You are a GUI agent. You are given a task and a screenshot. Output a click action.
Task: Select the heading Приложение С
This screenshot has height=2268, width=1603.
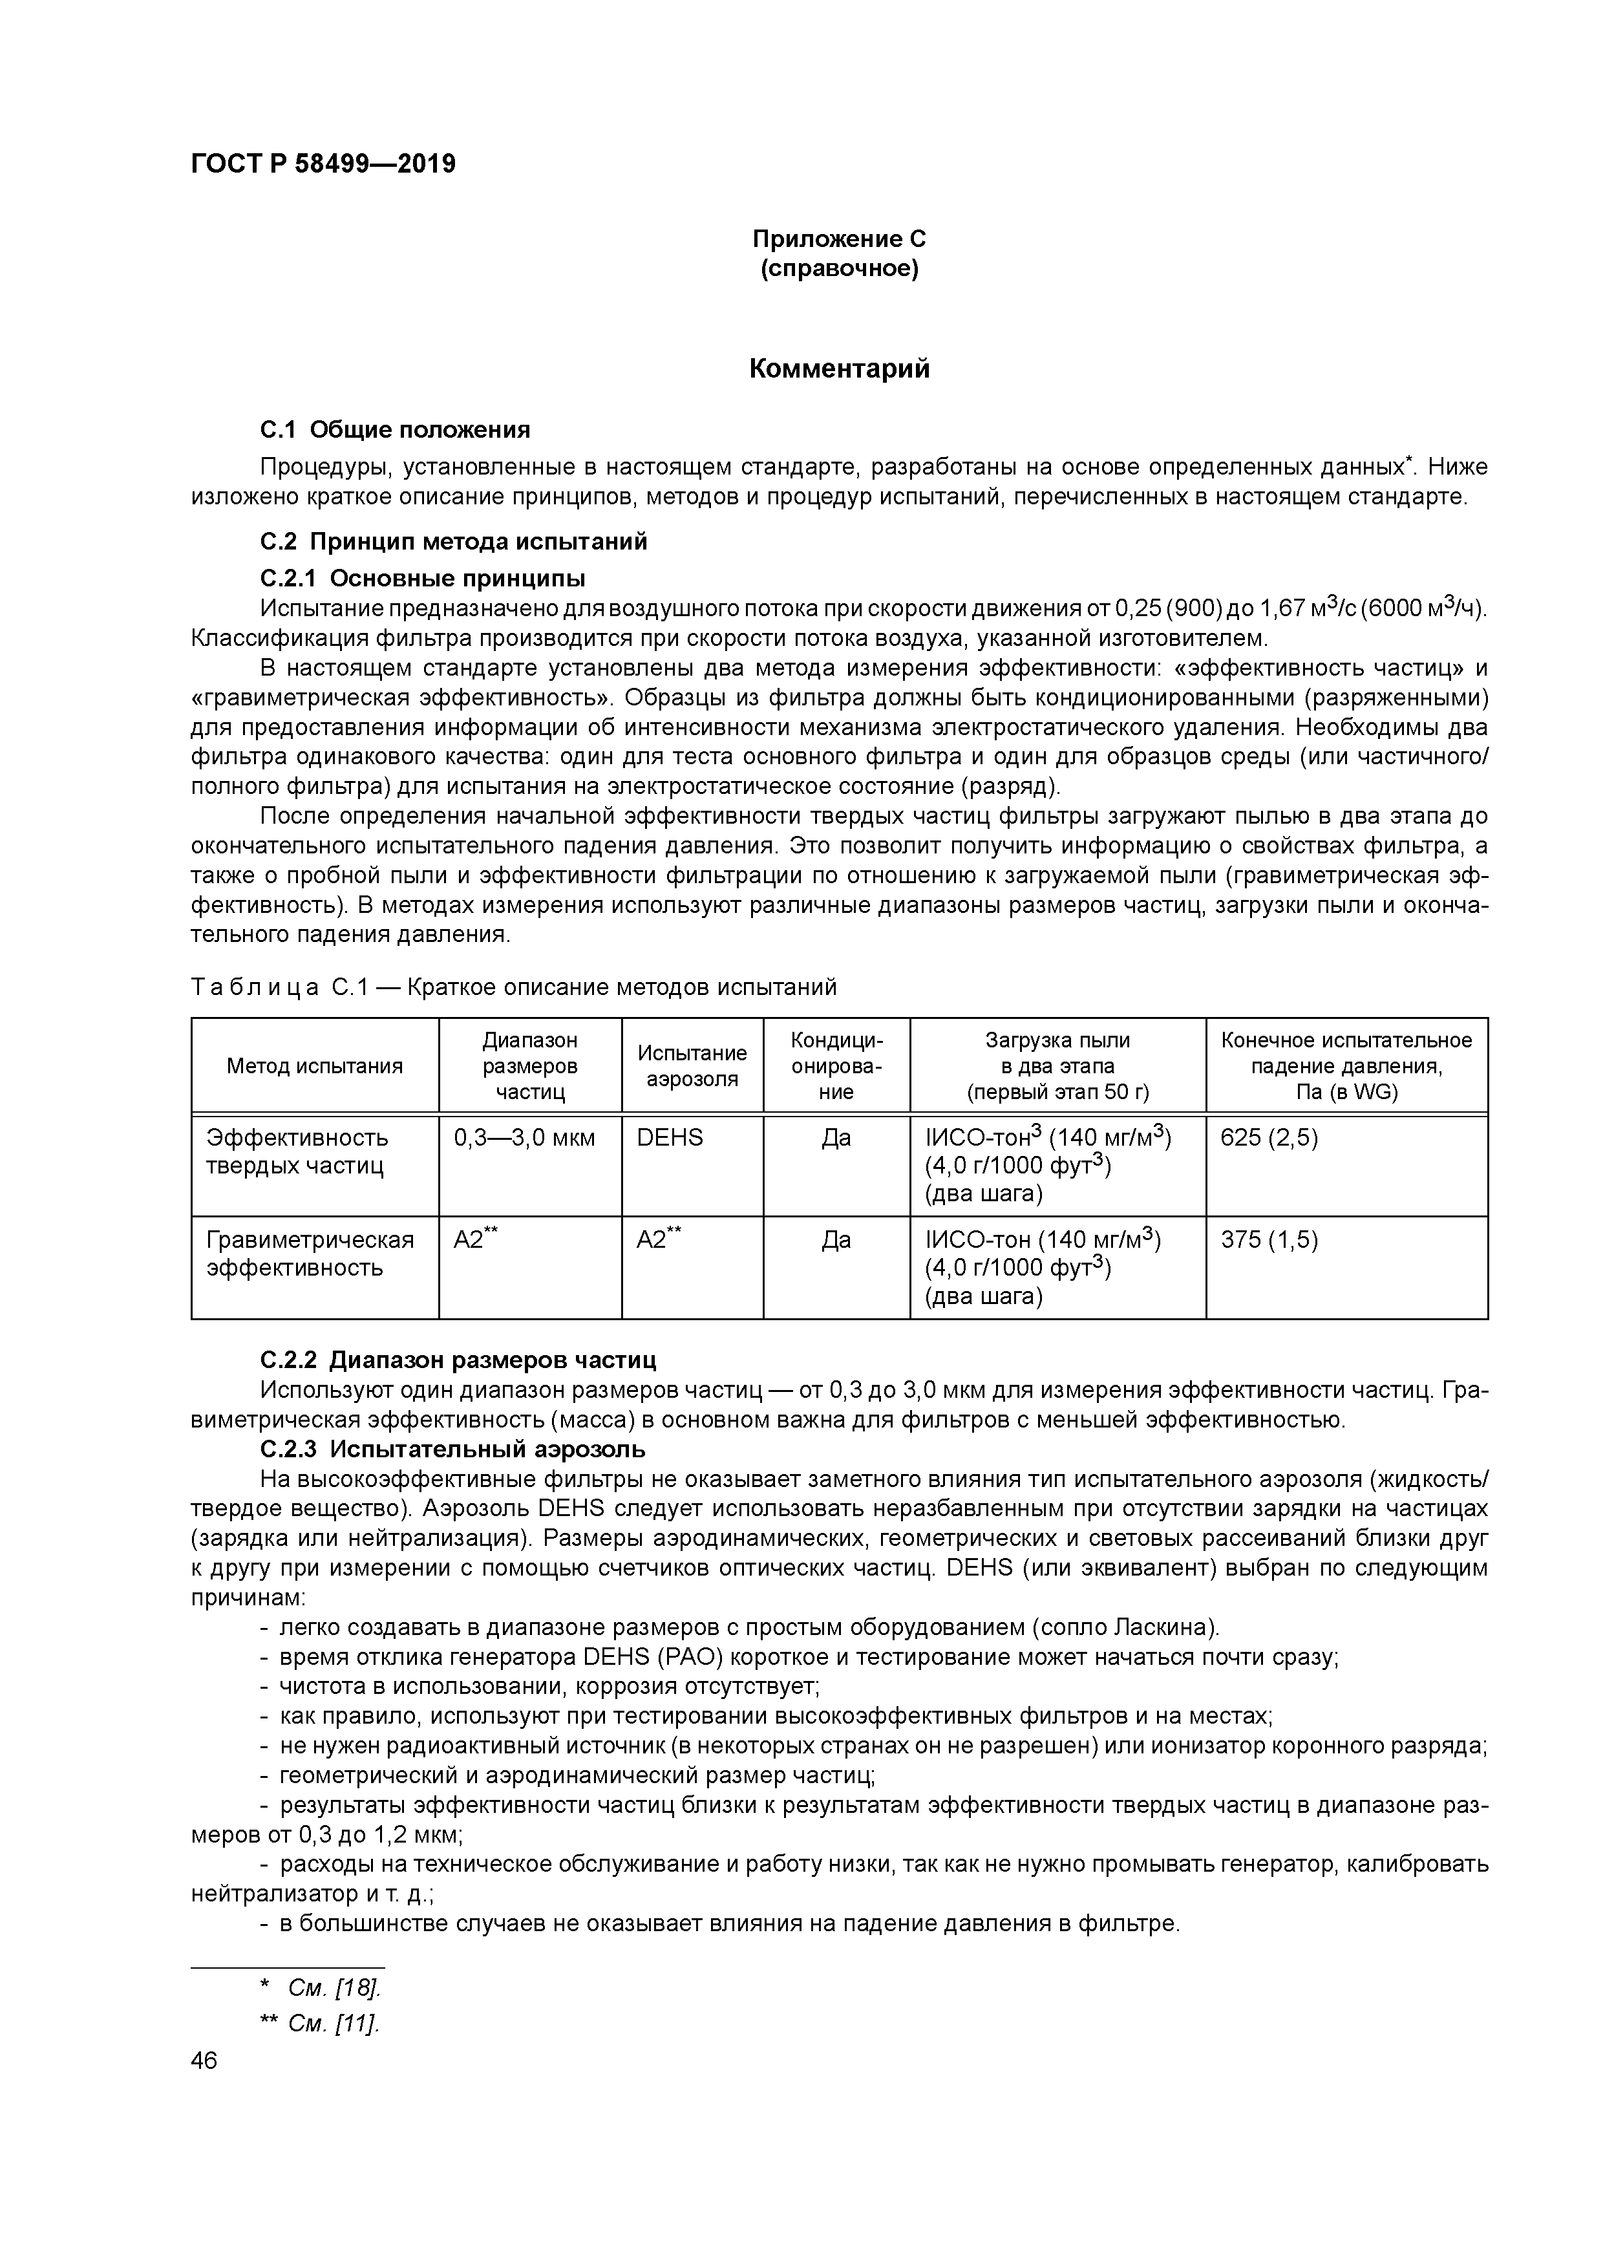coord(838,239)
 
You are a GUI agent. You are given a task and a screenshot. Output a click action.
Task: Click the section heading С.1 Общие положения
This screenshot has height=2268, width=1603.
coord(395,430)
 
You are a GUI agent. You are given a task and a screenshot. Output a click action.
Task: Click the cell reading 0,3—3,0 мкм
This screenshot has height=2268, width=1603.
coord(524,1138)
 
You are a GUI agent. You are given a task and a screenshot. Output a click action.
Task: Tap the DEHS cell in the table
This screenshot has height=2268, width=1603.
coord(670,1138)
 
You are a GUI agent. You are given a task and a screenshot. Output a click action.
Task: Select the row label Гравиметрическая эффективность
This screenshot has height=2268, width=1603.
coord(309,1254)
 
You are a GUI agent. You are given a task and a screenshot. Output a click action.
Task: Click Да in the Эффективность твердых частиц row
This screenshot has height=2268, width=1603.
coord(836,1138)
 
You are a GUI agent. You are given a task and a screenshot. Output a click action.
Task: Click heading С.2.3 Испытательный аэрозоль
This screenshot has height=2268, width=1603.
coord(453,1449)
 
